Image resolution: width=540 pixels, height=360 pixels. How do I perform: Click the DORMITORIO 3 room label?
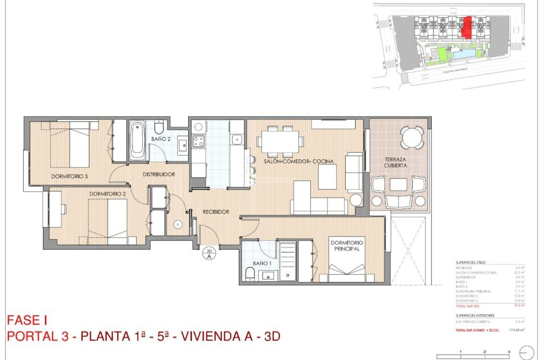[x=69, y=176]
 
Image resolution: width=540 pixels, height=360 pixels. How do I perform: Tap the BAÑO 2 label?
[x=161, y=139]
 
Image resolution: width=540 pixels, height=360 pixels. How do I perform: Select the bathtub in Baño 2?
[x=138, y=140]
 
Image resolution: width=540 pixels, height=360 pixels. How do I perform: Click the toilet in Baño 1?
[x=249, y=274]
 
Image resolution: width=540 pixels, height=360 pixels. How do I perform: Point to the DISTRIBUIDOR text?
[x=159, y=174]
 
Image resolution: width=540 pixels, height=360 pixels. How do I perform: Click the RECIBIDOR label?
[x=216, y=212]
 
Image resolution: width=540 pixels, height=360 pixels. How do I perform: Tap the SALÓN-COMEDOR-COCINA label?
[x=298, y=161]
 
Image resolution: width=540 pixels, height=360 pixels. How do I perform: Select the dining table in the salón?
[x=280, y=141]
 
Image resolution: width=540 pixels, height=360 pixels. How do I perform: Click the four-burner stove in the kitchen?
[x=198, y=141]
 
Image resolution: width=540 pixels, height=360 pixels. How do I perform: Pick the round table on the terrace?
[x=411, y=138]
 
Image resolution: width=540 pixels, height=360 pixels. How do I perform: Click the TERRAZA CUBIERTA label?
[x=395, y=163]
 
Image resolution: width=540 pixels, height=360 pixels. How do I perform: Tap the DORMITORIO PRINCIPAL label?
[x=346, y=246]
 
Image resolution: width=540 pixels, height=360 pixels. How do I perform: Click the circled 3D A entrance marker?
[x=209, y=254]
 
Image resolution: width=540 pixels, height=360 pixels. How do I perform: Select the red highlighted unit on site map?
[x=467, y=27]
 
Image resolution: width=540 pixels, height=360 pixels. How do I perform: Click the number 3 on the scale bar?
[x=509, y=352]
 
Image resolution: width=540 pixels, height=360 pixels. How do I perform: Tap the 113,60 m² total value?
[x=516, y=330]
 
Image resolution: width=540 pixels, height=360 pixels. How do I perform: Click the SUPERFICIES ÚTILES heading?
[x=471, y=262]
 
